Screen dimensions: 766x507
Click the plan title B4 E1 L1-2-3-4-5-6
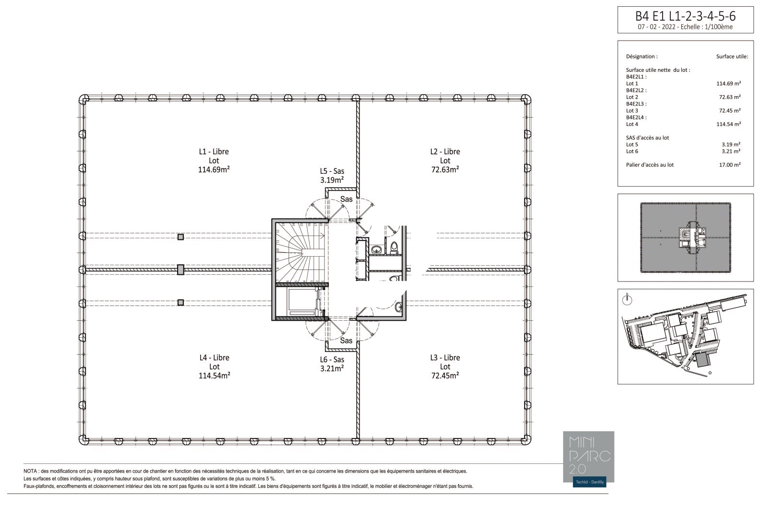(685, 16)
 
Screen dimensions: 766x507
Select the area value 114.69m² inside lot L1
(214, 169)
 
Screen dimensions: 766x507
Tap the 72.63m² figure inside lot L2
(445, 169)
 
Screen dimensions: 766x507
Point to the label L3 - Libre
(445, 358)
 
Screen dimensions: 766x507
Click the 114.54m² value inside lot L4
(214, 376)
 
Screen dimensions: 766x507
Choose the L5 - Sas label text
(332, 171)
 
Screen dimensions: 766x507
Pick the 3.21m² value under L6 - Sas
(332, 369)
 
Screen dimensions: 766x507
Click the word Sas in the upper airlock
(347, 199)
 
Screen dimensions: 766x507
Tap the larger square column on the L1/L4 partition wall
(180, 270)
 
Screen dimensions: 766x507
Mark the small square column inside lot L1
(180, 237)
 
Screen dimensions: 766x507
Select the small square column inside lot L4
(180, 303)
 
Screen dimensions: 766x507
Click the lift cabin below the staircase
(302, 302)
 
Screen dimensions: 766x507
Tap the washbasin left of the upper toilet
(376, 249)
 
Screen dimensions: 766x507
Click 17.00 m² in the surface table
(730, 165)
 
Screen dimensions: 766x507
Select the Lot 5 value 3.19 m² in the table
(731, 145)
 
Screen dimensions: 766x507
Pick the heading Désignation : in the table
(642, 56)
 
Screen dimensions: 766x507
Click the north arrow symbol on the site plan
(627, 300)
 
